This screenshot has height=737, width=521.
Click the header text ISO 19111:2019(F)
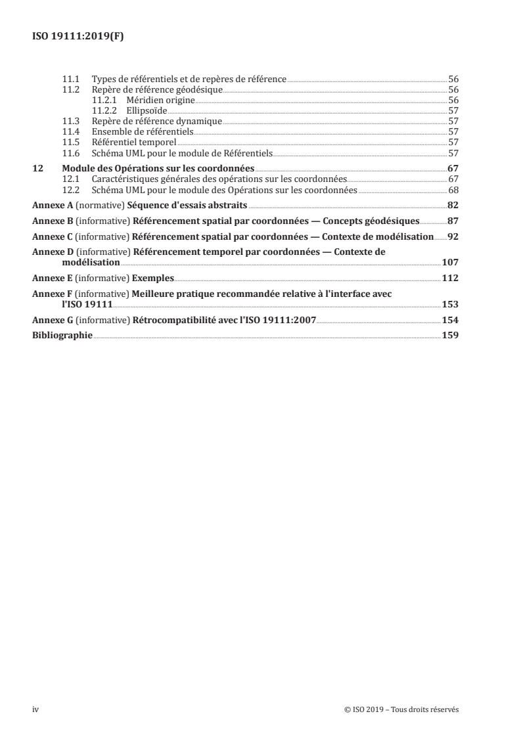[x=78, y=37]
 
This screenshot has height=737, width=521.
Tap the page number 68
[x=453, y=190]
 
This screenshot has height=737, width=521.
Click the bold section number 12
[x=37, y=169]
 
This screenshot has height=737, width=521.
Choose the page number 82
[x=453, y=206]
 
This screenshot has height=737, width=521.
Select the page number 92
[x=453, y=236]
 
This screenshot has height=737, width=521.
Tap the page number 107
[x=450, y=261]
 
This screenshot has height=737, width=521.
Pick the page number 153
[x=450, y=304]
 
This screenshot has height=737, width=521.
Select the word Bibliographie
[x=62, y=335]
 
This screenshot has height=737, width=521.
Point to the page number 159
[x=450, y=335]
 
